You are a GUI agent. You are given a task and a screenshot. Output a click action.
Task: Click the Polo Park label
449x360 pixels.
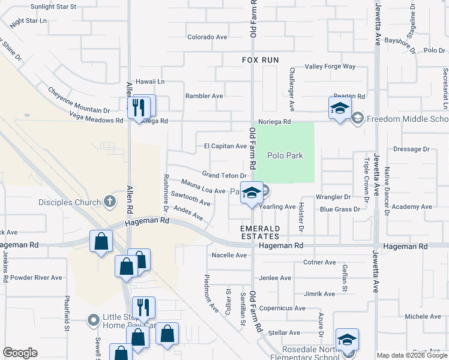point(285,156)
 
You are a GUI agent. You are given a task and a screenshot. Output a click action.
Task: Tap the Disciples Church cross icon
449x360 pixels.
point(109,202)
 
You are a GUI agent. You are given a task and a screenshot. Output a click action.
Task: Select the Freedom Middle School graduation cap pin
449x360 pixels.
point(339,109)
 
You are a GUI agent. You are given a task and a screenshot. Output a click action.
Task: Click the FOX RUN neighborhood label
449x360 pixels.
point(261,60)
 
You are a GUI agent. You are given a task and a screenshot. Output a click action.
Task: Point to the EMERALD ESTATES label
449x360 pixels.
point(261,233)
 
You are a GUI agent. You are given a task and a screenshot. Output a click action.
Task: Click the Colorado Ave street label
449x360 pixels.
point(207,37)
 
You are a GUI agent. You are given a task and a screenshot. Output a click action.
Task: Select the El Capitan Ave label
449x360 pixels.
point(225,146)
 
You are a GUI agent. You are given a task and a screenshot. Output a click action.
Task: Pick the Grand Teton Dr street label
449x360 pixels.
point(224,175)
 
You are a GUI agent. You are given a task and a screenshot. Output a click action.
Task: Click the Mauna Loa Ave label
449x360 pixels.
point(203,187)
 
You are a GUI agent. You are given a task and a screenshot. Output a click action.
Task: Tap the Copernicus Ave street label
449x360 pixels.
point(282,308)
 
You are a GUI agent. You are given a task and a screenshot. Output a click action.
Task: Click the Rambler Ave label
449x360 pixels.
point(204,96)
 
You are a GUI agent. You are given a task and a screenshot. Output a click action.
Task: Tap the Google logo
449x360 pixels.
point(20,353)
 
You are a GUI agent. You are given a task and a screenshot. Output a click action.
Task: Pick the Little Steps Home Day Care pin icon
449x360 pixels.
point(92,321)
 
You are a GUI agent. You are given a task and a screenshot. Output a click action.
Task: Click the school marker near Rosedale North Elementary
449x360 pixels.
point(347,340)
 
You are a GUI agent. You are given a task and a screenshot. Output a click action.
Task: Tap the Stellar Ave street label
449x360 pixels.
point(285,332)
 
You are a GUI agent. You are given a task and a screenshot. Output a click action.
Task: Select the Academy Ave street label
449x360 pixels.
point(411,207)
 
